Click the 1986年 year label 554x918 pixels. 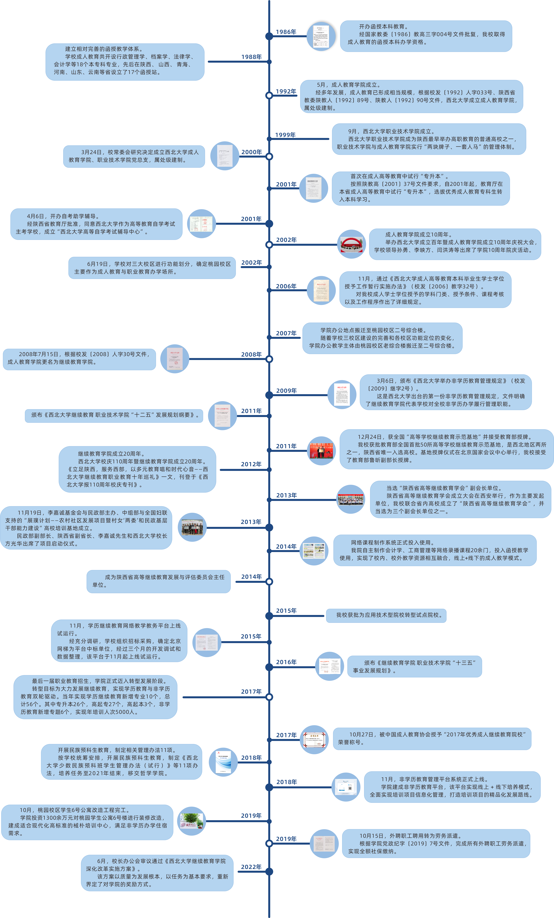click(x=286, y=32)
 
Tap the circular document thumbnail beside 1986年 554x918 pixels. click(x=321, y=36)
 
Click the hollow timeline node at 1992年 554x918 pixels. click(x=269, y=95)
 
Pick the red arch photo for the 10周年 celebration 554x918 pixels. click(x=351, y=244)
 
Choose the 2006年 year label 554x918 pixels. click(x=286, y=286)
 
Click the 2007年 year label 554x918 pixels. click(x=286, y=333)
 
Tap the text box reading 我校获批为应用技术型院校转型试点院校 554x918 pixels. click(x=386, y=615)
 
